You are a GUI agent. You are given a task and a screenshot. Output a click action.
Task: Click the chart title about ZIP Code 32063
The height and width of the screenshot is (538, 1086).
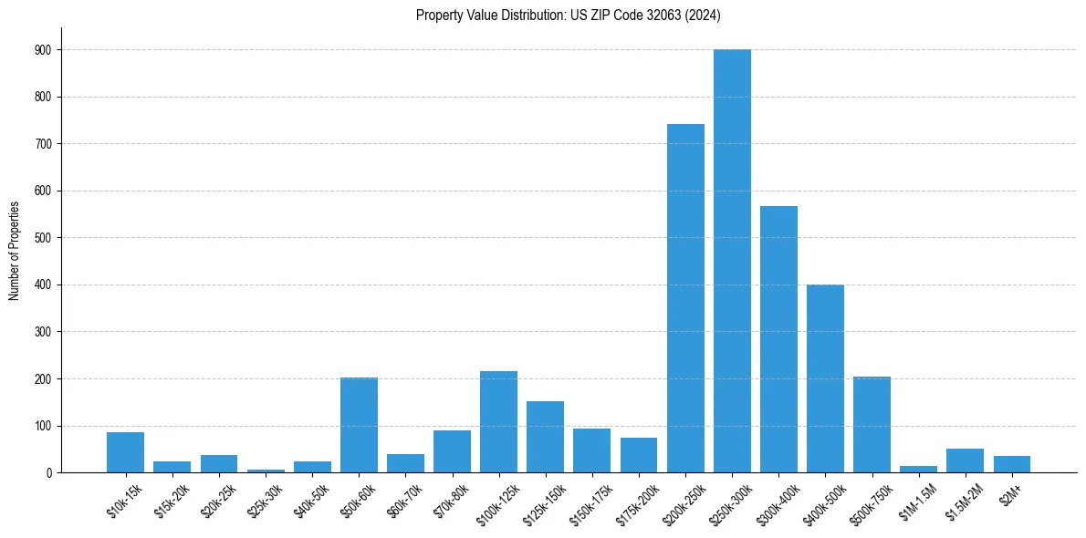click(x=569, y=15)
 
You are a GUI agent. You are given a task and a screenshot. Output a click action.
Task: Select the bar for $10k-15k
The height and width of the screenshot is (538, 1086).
click(x=125, y=452)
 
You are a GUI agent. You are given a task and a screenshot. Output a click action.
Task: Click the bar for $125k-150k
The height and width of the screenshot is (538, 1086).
click(x=545, y=437)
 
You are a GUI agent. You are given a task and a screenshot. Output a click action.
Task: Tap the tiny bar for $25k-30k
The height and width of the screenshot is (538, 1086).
click(x=266, y=471)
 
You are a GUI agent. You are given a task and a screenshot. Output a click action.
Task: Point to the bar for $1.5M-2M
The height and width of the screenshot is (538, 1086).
click(x=965, y=460)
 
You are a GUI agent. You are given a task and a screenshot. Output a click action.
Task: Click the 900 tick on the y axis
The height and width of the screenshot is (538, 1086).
click(x=43, y=50)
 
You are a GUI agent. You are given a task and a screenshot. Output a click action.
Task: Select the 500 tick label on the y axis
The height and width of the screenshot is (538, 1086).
click(x=43, y=238)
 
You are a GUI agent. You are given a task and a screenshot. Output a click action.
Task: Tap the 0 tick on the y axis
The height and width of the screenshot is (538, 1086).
click(x=48, y=473)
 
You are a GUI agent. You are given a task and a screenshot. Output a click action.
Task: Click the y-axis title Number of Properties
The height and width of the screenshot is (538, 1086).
click(x=15, y=250)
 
